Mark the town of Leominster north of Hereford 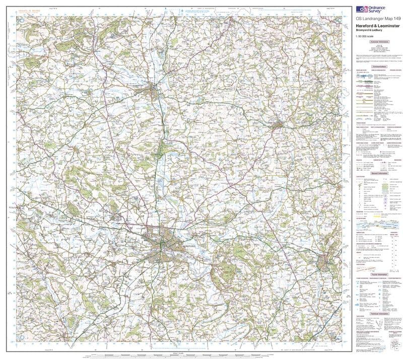click(x=153, y=91)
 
